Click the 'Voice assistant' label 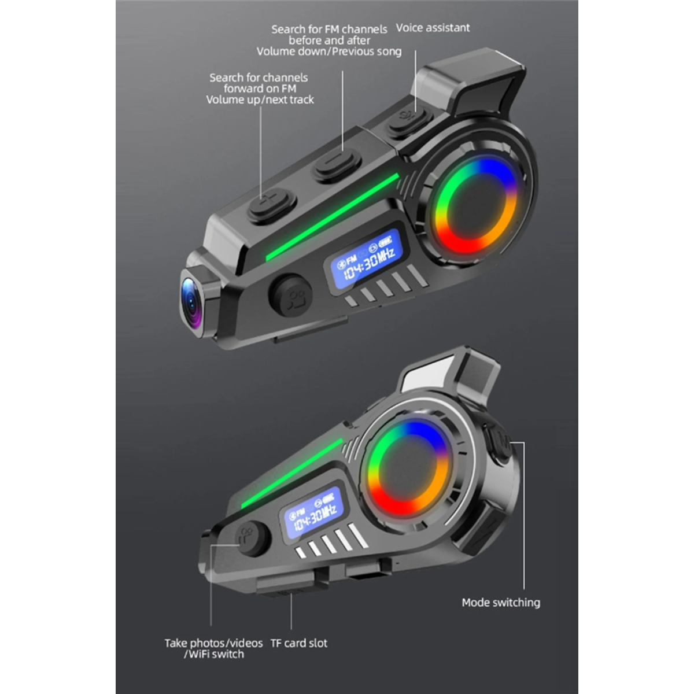[x=433, y=28]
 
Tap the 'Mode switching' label [x=501, y=603]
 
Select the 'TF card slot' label [x=299, y=643]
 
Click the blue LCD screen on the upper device [x=366, y=257]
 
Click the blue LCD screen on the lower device [x=313, y=513]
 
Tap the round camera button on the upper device [x=291, y=296]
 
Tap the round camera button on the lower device [x=253, y=538]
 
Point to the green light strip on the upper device [x=332, y=217]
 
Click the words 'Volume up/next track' [x=260, y=99]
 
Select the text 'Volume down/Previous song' [x=329, y=51]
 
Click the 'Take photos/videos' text [x=213, y=643]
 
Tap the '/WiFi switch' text [x=214, y=654]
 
